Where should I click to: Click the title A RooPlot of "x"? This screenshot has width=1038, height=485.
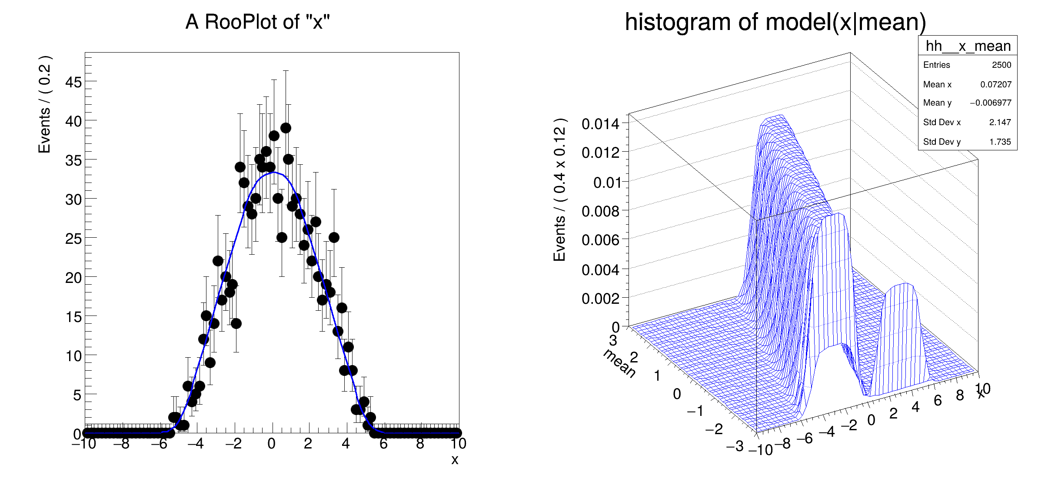(257, 22)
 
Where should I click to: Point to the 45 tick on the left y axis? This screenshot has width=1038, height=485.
(73, 82)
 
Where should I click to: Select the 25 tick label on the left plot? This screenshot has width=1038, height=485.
(73, 238)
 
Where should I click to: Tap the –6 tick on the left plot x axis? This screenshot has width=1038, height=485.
(160, 444)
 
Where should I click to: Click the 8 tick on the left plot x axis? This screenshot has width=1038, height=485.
(420, 444)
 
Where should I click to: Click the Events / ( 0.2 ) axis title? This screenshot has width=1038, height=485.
(45, 104)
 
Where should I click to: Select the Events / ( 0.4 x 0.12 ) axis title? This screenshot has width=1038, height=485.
(560, 189)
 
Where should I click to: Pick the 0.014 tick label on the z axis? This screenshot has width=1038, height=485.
(600, 124)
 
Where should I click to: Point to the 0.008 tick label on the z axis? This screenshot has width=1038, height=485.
(600, 211)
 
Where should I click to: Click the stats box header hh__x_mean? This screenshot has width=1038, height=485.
(968, 46)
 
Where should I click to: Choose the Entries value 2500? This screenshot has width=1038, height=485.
(1001, 65)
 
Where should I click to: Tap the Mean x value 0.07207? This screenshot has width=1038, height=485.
(995, 84)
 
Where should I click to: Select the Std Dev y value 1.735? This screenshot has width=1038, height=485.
(1000, 142)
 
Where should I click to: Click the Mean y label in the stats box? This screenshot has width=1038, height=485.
(937, 103)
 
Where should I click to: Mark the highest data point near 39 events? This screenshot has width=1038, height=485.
(286, 128)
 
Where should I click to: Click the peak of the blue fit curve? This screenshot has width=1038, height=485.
(273, 173)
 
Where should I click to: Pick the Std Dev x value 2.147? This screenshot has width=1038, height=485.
(1000, 122)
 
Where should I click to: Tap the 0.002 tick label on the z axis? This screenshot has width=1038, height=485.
(600, 299)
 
